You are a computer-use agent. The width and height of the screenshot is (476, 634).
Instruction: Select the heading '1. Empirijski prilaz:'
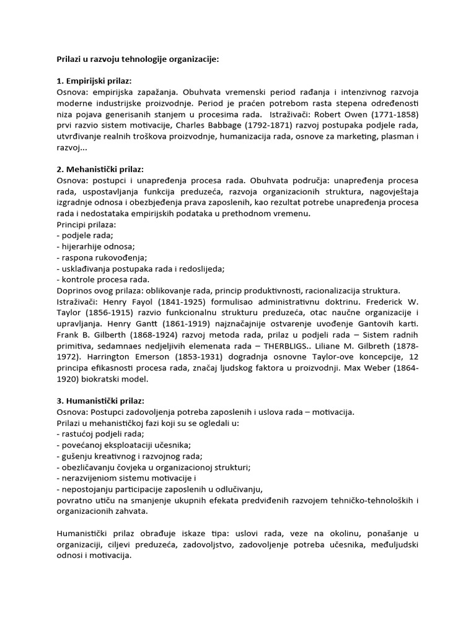click(94, 80)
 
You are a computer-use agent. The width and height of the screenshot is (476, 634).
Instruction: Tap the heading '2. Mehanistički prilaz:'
click(100, 168)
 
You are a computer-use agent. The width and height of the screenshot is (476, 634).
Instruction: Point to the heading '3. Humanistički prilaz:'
click(100, 401)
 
